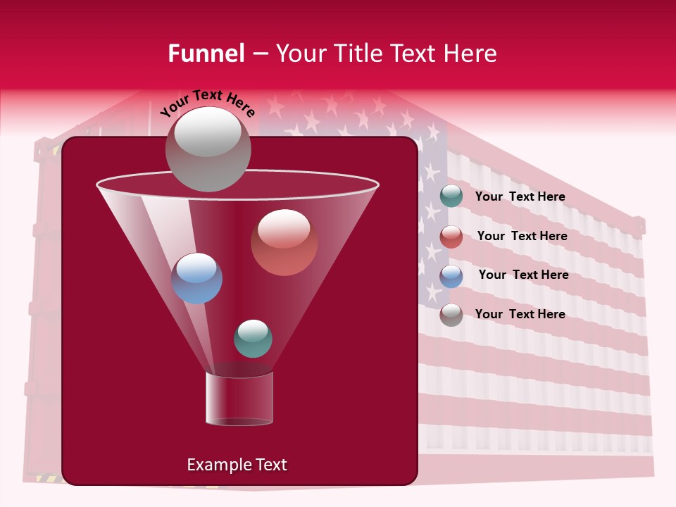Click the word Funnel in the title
pos(206,54)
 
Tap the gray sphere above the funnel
pos(208,149)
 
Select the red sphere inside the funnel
pos(284,242)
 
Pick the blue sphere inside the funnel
pos(196,278)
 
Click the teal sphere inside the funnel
pos(253,338)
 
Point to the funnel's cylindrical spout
pos(239,399)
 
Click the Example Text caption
pos(237,465)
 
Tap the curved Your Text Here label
pos(208,103)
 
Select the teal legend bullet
pos(451,196)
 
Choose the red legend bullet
pos(451,237)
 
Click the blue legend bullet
pos(451,276)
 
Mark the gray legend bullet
pos(451,315)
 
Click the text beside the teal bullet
pos(520,197)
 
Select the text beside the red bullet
pos(522,237)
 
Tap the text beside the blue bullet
pos(523,275)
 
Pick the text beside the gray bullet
pos(520,314)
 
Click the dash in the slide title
pos(259,54)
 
